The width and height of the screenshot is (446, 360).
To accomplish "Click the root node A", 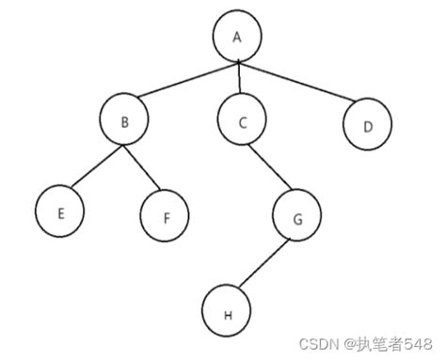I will (x=237, y=37).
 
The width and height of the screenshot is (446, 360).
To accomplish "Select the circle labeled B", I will (x=123, y=120).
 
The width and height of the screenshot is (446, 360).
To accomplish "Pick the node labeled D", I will (x=366, y=126).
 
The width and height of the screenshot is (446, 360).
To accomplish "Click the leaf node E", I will (x=60, y=212).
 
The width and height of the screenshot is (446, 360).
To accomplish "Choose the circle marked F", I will (x=166, y=216).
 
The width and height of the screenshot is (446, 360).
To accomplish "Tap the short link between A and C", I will (x=239, y=78).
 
